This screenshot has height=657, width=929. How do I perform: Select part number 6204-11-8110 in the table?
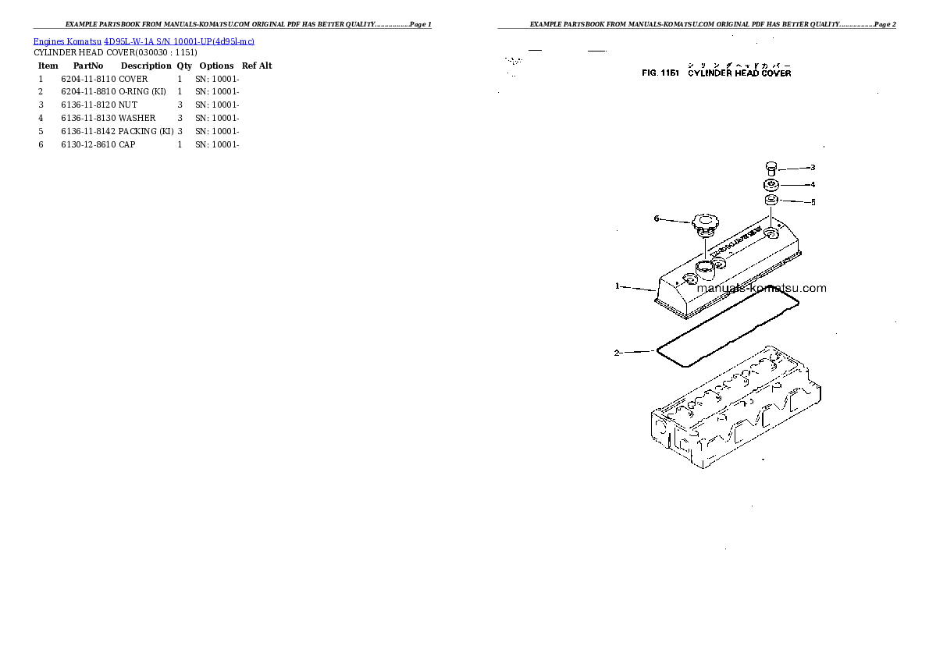(88, 79)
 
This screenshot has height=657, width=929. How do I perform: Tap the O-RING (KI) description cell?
(145, 92)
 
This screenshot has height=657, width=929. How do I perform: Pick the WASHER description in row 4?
(137, 118)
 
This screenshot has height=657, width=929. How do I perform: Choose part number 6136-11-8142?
(88, 131)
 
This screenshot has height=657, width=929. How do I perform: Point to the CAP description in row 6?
(127, 144)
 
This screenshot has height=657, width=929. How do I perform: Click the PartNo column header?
(88, 66)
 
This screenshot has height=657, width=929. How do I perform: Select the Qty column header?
(184, 66)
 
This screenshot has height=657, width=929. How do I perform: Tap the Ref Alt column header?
(257, 66)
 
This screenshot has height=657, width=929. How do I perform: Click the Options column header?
(216, 66)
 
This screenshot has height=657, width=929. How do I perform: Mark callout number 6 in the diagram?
(657, 218)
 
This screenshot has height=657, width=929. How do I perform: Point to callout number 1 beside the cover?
(617, 286)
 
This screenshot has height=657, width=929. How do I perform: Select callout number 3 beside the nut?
(812, 167)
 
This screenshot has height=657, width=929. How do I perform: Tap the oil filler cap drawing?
(704, 227)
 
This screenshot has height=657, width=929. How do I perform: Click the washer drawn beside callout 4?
(771, 185)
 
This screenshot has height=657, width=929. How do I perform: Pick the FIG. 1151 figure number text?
(660, 73)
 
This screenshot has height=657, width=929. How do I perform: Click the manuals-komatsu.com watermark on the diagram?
(760, 288)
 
